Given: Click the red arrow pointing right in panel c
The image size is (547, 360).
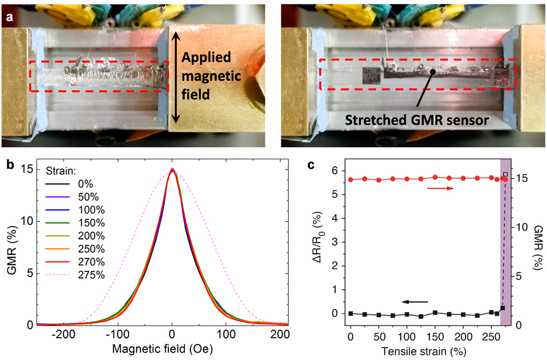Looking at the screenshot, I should [440, 189].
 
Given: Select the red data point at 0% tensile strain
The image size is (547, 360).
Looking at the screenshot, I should [351, 179].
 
